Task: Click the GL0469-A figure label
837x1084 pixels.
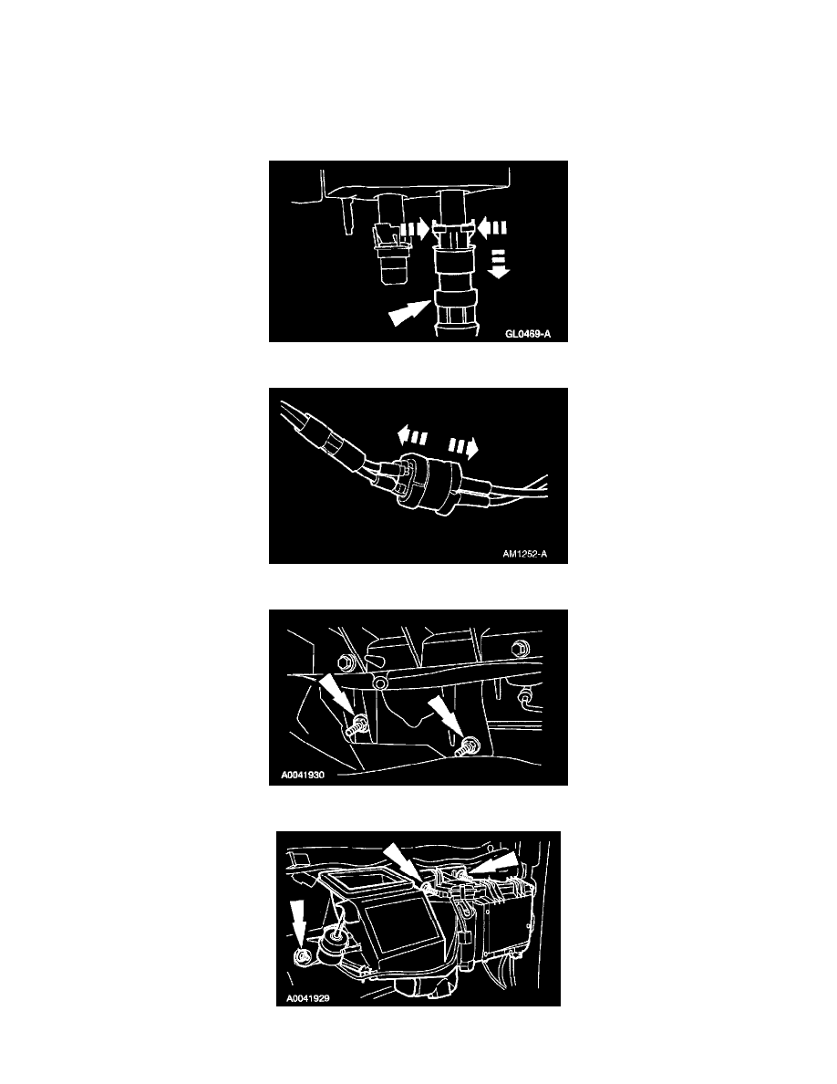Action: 528,334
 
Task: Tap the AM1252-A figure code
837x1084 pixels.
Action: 525,554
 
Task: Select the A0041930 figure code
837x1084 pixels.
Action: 303,775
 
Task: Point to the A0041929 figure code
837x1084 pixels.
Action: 307,998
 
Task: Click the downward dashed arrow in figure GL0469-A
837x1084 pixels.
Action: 498,264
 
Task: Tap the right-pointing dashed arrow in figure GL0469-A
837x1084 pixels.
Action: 415,229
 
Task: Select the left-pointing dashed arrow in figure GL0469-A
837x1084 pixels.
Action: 492,226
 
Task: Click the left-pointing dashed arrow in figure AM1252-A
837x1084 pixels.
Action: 412,436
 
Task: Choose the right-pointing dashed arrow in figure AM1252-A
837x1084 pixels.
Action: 463,448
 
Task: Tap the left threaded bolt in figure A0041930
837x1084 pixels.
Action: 357,727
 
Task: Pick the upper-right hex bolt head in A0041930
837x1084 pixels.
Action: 519,649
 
